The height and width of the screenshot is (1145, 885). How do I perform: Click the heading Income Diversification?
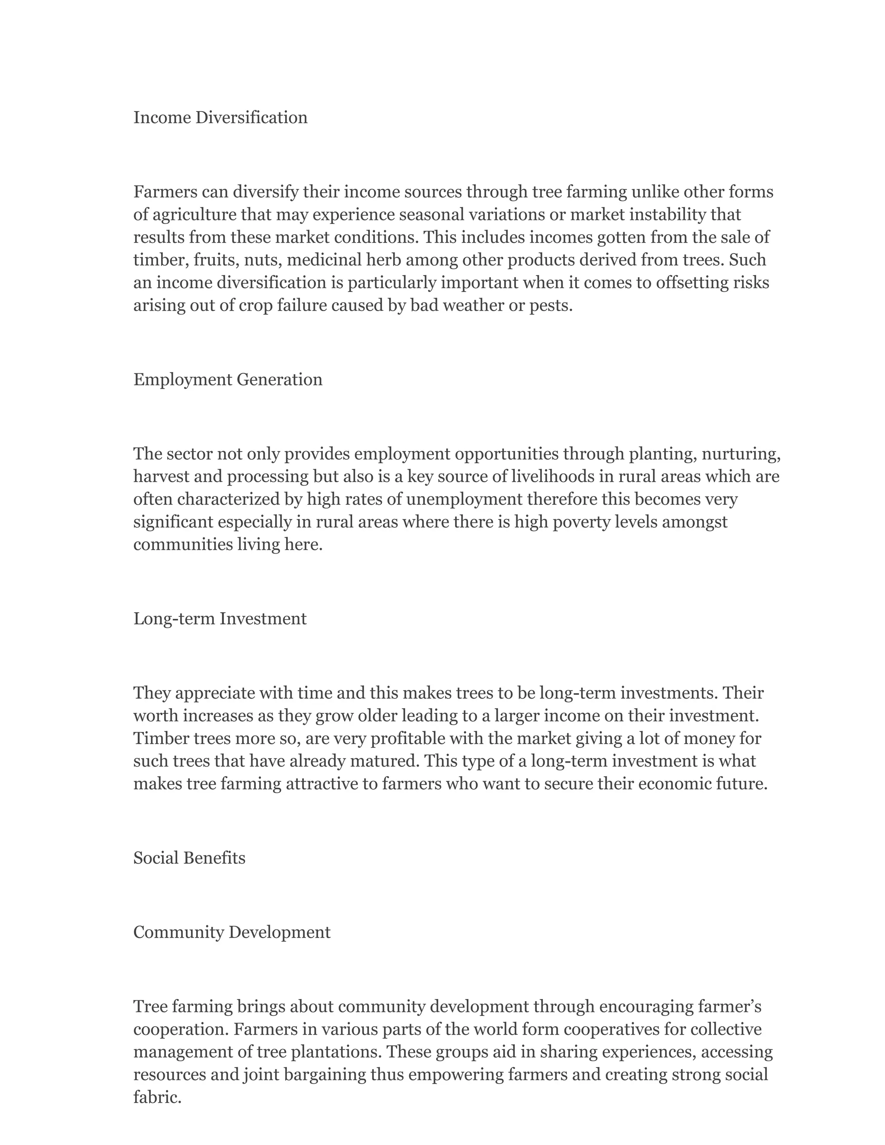220,118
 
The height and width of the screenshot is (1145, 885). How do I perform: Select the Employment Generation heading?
228,379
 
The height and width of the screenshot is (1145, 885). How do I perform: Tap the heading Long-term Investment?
220,619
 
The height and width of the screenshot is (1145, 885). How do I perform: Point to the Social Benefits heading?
189,858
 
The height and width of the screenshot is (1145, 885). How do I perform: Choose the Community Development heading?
232,932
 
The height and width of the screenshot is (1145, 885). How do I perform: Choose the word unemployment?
464,499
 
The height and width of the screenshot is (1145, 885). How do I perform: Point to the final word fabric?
157,1097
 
